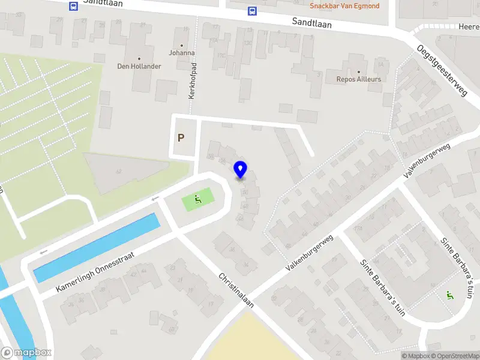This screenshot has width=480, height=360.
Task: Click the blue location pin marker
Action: click(x=241, y=170)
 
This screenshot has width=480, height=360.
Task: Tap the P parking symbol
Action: click(x=181, y=137)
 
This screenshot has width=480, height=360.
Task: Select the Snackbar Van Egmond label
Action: click(x=344, y=6)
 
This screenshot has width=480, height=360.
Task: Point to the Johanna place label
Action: click(x=181, y=53)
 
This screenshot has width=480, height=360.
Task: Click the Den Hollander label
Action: click(x=139, y=66)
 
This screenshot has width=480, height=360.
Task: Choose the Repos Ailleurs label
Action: click(x=359, y=79)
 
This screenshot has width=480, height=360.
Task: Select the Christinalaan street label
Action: click(x=236, y=291)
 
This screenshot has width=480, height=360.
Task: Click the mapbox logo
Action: click(x=26, y=353)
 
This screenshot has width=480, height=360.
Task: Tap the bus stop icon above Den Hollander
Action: click(x=73, y=6)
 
